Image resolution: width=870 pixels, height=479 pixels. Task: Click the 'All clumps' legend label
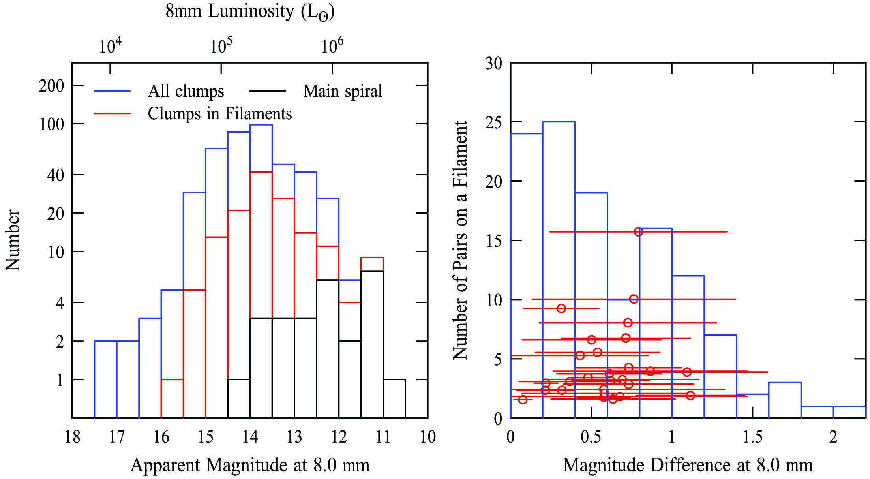coord(186,91)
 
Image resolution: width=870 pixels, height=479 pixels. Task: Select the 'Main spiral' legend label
coord(342,91)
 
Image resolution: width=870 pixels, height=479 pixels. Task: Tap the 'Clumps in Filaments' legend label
coord(219,114)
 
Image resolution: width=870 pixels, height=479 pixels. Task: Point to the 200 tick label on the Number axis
coord(51,85)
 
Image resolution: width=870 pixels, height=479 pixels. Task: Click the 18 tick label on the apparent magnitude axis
coord(72,437)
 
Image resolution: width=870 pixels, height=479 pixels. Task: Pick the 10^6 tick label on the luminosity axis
coord(332,46)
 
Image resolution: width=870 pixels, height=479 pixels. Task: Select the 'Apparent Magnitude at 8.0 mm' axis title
coord(250,465)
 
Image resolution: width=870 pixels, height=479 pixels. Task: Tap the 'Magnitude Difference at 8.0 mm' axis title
coord(688,465)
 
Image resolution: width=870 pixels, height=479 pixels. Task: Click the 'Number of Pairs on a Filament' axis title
coord(460,240)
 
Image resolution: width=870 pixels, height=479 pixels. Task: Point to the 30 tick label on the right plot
coord(493,63)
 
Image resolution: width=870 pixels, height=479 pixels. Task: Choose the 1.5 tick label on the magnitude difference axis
coord(752,437)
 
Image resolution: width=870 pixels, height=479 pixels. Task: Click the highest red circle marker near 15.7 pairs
coord(638,232)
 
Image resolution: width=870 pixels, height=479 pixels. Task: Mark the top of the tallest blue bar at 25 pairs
coord(559,122)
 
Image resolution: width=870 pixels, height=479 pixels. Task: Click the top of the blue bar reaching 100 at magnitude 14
coord(261,125)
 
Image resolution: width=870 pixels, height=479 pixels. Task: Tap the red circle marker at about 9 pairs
coord(561,308)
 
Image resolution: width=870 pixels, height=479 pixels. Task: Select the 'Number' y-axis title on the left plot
coord(13,240)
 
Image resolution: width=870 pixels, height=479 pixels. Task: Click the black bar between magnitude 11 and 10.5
coord(394,398)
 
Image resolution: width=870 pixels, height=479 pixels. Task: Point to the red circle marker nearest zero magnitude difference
coord(523,400)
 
